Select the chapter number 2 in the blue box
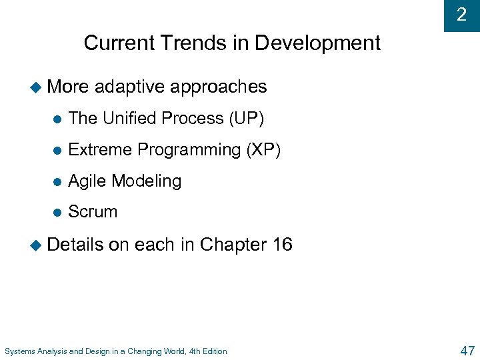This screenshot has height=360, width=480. (x=461, y=15)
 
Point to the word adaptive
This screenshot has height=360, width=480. (x=130, y=87)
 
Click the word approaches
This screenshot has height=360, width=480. (x=219, y=87)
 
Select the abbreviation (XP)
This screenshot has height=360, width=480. (x=263, y=150)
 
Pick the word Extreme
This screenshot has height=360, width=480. (x=100, y=150)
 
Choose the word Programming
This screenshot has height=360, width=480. (x=189, y=151)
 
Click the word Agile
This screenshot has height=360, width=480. (x=87, y=181)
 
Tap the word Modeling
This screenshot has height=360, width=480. (x=147, y=181)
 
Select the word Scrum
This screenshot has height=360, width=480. (x=93, y=212)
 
